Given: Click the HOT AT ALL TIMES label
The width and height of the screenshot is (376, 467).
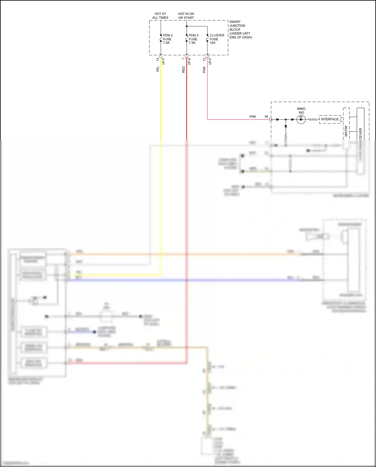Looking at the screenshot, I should [x=160, y=16].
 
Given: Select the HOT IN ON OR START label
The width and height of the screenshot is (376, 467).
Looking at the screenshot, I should [x=186, y=16].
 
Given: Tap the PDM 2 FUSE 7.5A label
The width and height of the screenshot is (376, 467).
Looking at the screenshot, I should [x=167, y=39].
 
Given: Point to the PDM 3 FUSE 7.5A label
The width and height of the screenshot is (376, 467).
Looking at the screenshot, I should [x=193, y=39].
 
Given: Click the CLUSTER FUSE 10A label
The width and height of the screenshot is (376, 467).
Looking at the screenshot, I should [x=217, y=39].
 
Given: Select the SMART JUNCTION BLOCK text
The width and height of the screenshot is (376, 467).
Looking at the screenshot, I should [x=240, y=29].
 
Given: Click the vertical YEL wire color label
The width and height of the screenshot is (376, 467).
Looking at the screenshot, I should [x=158, y=70].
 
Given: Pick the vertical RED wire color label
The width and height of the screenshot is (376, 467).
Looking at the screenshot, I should [x=183, y=70].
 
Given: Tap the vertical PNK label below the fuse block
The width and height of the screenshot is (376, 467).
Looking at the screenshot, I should [x=204, y=70].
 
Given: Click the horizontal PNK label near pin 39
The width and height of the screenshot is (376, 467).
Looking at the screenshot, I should [x=253, y=116].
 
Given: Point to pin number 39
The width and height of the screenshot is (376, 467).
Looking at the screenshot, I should [x=266, y=116].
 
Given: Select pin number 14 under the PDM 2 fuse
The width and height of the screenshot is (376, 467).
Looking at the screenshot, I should [x=157, y=59].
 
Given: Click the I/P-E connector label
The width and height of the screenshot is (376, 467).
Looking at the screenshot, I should [x=190, y=61].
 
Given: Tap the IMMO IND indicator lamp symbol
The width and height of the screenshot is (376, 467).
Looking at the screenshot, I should [x=301, y=119].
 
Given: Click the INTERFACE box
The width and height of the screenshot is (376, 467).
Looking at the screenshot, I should [x=330, y=119].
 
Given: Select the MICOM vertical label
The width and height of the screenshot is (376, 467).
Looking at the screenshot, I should [x=346, y=131].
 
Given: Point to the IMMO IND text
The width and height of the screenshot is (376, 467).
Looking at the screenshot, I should [x=301, y=111].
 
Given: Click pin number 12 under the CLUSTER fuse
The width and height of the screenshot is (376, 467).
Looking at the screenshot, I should [x=204, y=59].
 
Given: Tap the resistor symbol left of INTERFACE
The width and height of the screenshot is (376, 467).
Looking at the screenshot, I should [x=312, y=119].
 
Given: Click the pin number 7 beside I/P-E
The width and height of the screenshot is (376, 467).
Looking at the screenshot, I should [x=183, y=58].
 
